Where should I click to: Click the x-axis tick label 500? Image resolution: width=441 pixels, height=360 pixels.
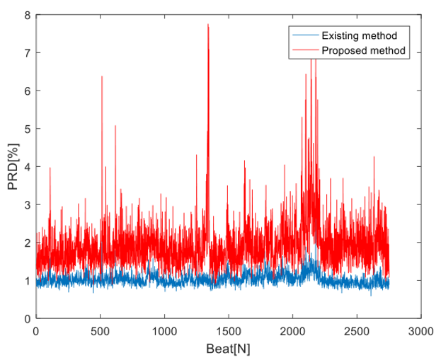pyautogui.click(x=100, y=330)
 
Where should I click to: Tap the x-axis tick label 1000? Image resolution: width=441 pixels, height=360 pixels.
pyautogui.click(x=164, y=330)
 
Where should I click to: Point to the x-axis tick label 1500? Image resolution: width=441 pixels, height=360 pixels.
pyautogui.click(x=228, y=330)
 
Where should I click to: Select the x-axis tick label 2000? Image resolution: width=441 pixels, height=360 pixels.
pyautogui.click(x=292, y=330)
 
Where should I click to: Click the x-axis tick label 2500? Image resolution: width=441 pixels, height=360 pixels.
pyautogui.click(x=357, y=330)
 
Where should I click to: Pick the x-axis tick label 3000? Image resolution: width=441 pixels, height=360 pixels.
pyautogui.click(x=420, y=330)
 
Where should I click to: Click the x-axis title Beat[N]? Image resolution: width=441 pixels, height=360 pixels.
pyautogui.click(x=228, y=348)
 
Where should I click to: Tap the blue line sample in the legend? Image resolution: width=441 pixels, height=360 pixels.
pyautogui.click(x=304, y=35)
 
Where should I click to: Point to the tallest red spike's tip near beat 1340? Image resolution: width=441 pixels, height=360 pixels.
pyautogui.click(x=208, y=24)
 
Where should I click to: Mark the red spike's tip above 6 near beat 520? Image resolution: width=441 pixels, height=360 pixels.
pyautogui.click(x=102, y=76)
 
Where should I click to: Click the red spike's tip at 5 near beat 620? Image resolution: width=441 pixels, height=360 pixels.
pyautogui.click(x=115, y=125)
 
